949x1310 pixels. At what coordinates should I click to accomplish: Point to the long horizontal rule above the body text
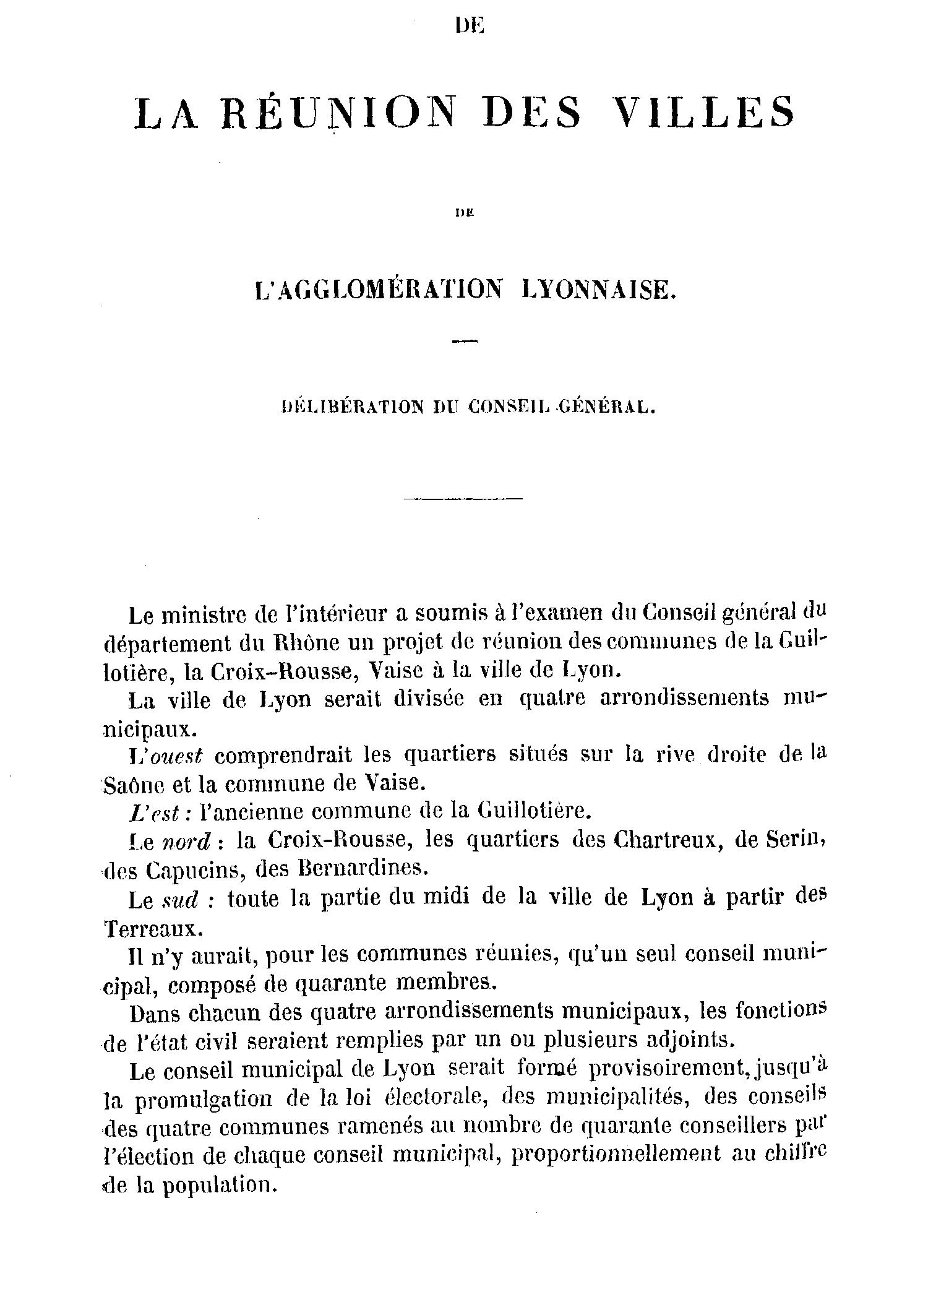click(x=463, y=498)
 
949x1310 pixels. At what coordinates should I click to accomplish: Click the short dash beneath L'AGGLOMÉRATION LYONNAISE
click(x=465, y=341)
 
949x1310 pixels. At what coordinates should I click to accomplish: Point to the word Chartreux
click(x=660, y=839)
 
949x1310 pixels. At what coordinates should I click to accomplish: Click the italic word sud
click(x=179, y=901)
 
